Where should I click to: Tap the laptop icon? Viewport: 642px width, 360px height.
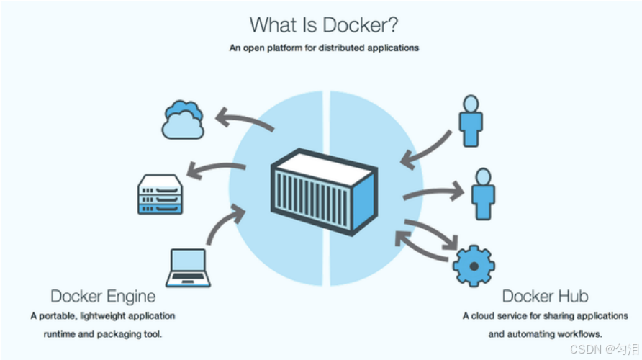click(x=188, y=268)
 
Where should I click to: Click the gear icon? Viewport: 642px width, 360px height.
click(x=473, y=266)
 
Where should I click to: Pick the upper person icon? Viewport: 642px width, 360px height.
click(x=470, y=121)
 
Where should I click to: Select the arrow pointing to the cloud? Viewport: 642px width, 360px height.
click(x=245, y=120)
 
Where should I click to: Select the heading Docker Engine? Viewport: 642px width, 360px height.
click(x=103, y=296)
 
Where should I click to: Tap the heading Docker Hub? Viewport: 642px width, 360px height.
click(x=545, y=296)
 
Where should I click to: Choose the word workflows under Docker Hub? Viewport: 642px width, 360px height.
click(x=581, y=334)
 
